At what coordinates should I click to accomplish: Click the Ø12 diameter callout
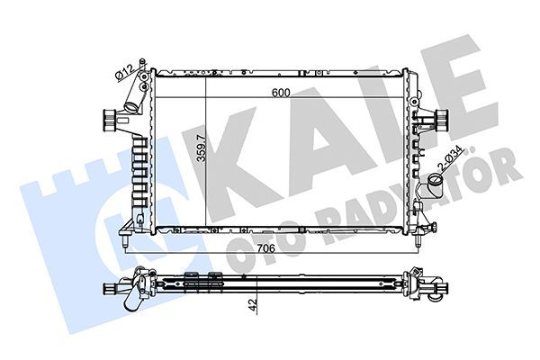point(124,71)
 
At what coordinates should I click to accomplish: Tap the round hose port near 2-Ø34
point(435,185)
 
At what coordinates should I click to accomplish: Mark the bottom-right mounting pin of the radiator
point(417,241)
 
